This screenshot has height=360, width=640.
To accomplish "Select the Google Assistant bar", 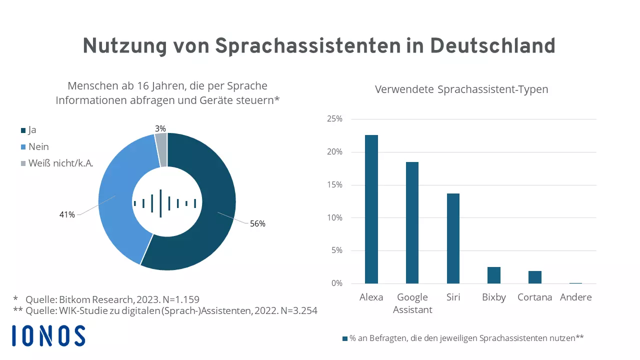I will point(412,222).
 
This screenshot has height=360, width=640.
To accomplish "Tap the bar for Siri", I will point(453,238).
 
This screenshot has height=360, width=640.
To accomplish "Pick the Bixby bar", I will point(494,275).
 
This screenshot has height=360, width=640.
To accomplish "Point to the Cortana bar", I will point(534,277).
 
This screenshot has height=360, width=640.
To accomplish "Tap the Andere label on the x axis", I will point(575,297).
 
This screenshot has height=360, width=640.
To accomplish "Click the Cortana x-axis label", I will point(534,297).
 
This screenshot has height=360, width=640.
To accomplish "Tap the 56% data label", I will point(257,224).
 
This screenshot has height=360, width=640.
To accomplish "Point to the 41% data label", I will point(66,215).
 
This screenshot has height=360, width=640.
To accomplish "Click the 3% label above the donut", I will point(160,129).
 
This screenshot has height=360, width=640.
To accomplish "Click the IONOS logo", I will point(48,335).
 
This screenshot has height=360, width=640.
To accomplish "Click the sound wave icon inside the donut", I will point(164,203).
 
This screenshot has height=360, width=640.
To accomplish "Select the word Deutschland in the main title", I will point(492,46).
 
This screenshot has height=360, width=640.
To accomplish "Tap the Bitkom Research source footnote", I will point(106,300).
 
